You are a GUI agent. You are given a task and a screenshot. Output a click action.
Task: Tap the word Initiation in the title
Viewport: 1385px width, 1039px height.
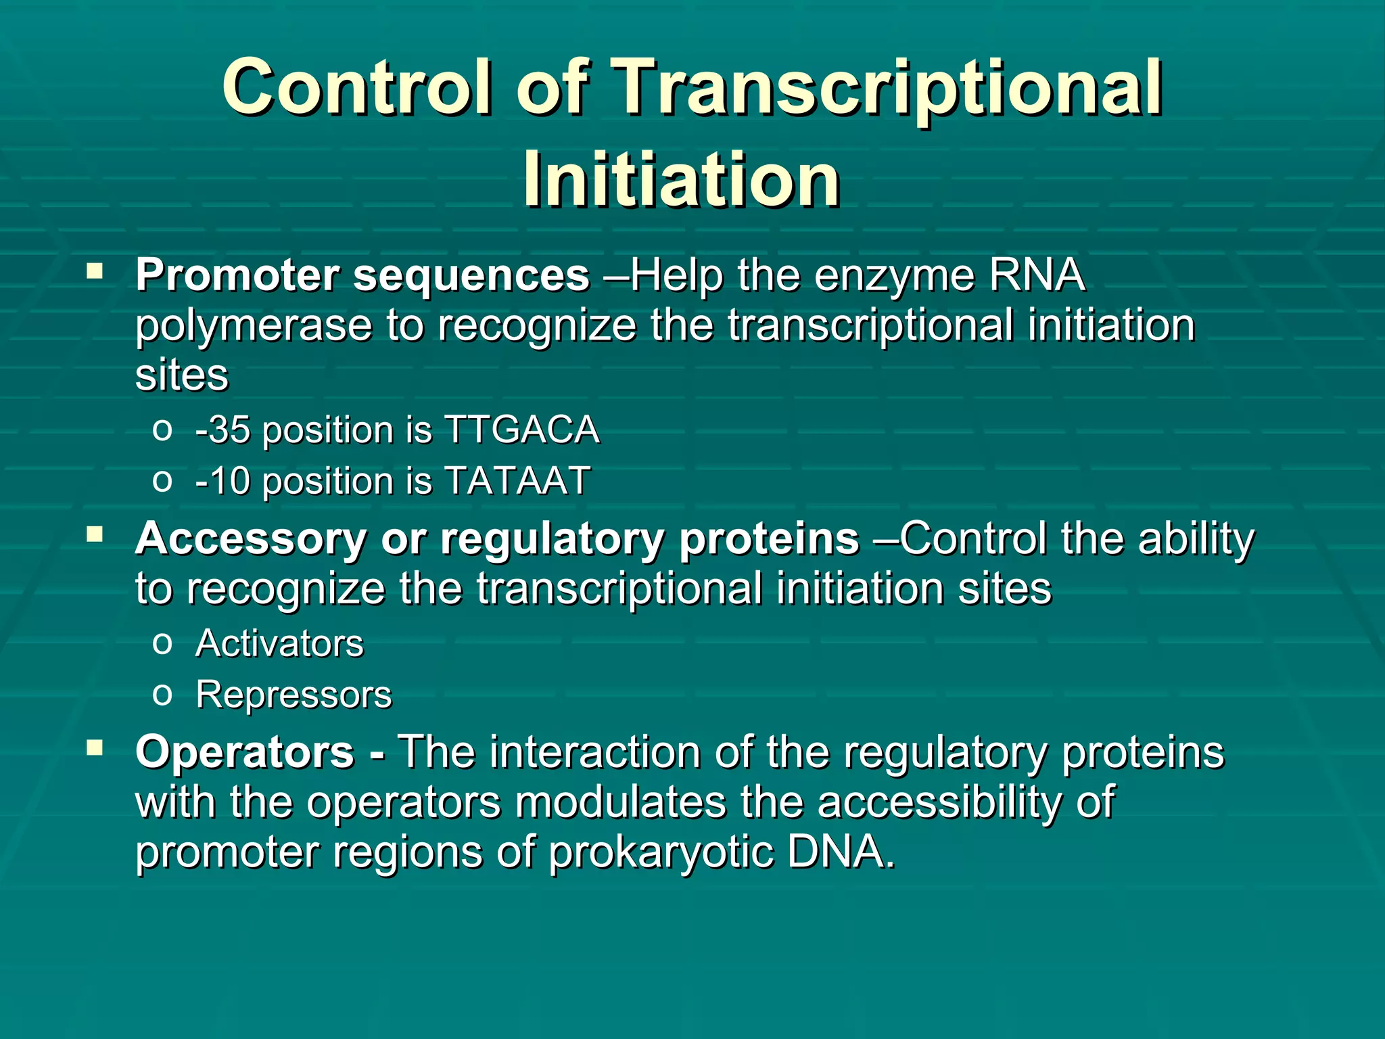682,179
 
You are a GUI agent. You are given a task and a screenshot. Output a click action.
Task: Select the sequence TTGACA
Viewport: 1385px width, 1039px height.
521,430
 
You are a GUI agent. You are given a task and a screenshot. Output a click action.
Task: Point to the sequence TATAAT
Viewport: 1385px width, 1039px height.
517,481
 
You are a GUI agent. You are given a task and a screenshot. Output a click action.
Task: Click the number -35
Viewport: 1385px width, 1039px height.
222,430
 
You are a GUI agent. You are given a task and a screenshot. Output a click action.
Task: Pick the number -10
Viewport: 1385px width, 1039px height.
222,482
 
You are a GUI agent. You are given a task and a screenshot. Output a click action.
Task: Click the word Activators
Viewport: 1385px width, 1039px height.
279,643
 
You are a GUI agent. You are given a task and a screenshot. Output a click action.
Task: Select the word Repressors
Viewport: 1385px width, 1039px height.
294,695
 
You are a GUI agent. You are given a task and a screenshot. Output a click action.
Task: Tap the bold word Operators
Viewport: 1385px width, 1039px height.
245,752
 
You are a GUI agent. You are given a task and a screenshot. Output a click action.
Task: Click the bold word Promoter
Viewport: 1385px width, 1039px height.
237,275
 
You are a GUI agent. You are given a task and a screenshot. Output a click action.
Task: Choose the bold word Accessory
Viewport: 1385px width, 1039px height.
251,540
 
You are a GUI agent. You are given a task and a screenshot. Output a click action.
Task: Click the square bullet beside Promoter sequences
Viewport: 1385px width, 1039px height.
95,273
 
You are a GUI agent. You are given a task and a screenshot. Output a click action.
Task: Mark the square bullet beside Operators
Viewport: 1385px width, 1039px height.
95,748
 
